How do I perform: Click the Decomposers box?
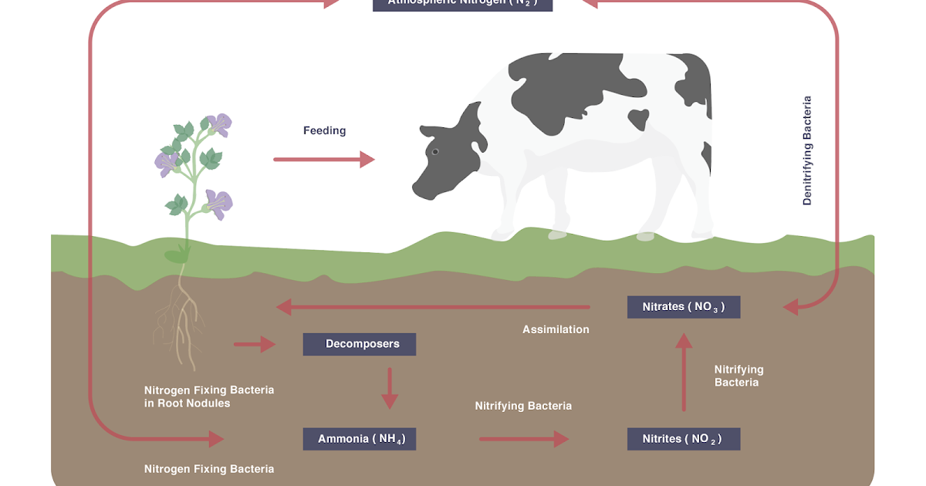[360, 344]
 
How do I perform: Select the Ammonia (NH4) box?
[360, 439]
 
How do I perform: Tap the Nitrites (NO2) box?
[684, 439]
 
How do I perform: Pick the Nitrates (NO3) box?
[684, 307]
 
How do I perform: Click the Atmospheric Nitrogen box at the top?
[462, 3]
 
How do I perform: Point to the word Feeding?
[324, 130]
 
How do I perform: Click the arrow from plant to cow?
[323, 160]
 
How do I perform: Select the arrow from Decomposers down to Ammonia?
[390, 387]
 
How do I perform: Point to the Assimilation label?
[556, 329]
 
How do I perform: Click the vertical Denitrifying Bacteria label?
[807, 150]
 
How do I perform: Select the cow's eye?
[435, 152]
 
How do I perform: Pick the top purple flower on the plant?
[219, 124]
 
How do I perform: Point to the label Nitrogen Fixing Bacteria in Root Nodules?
[209, 397]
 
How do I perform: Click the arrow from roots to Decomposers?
[255, 344]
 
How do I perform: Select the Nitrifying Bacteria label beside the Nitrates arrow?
[738, 376]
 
